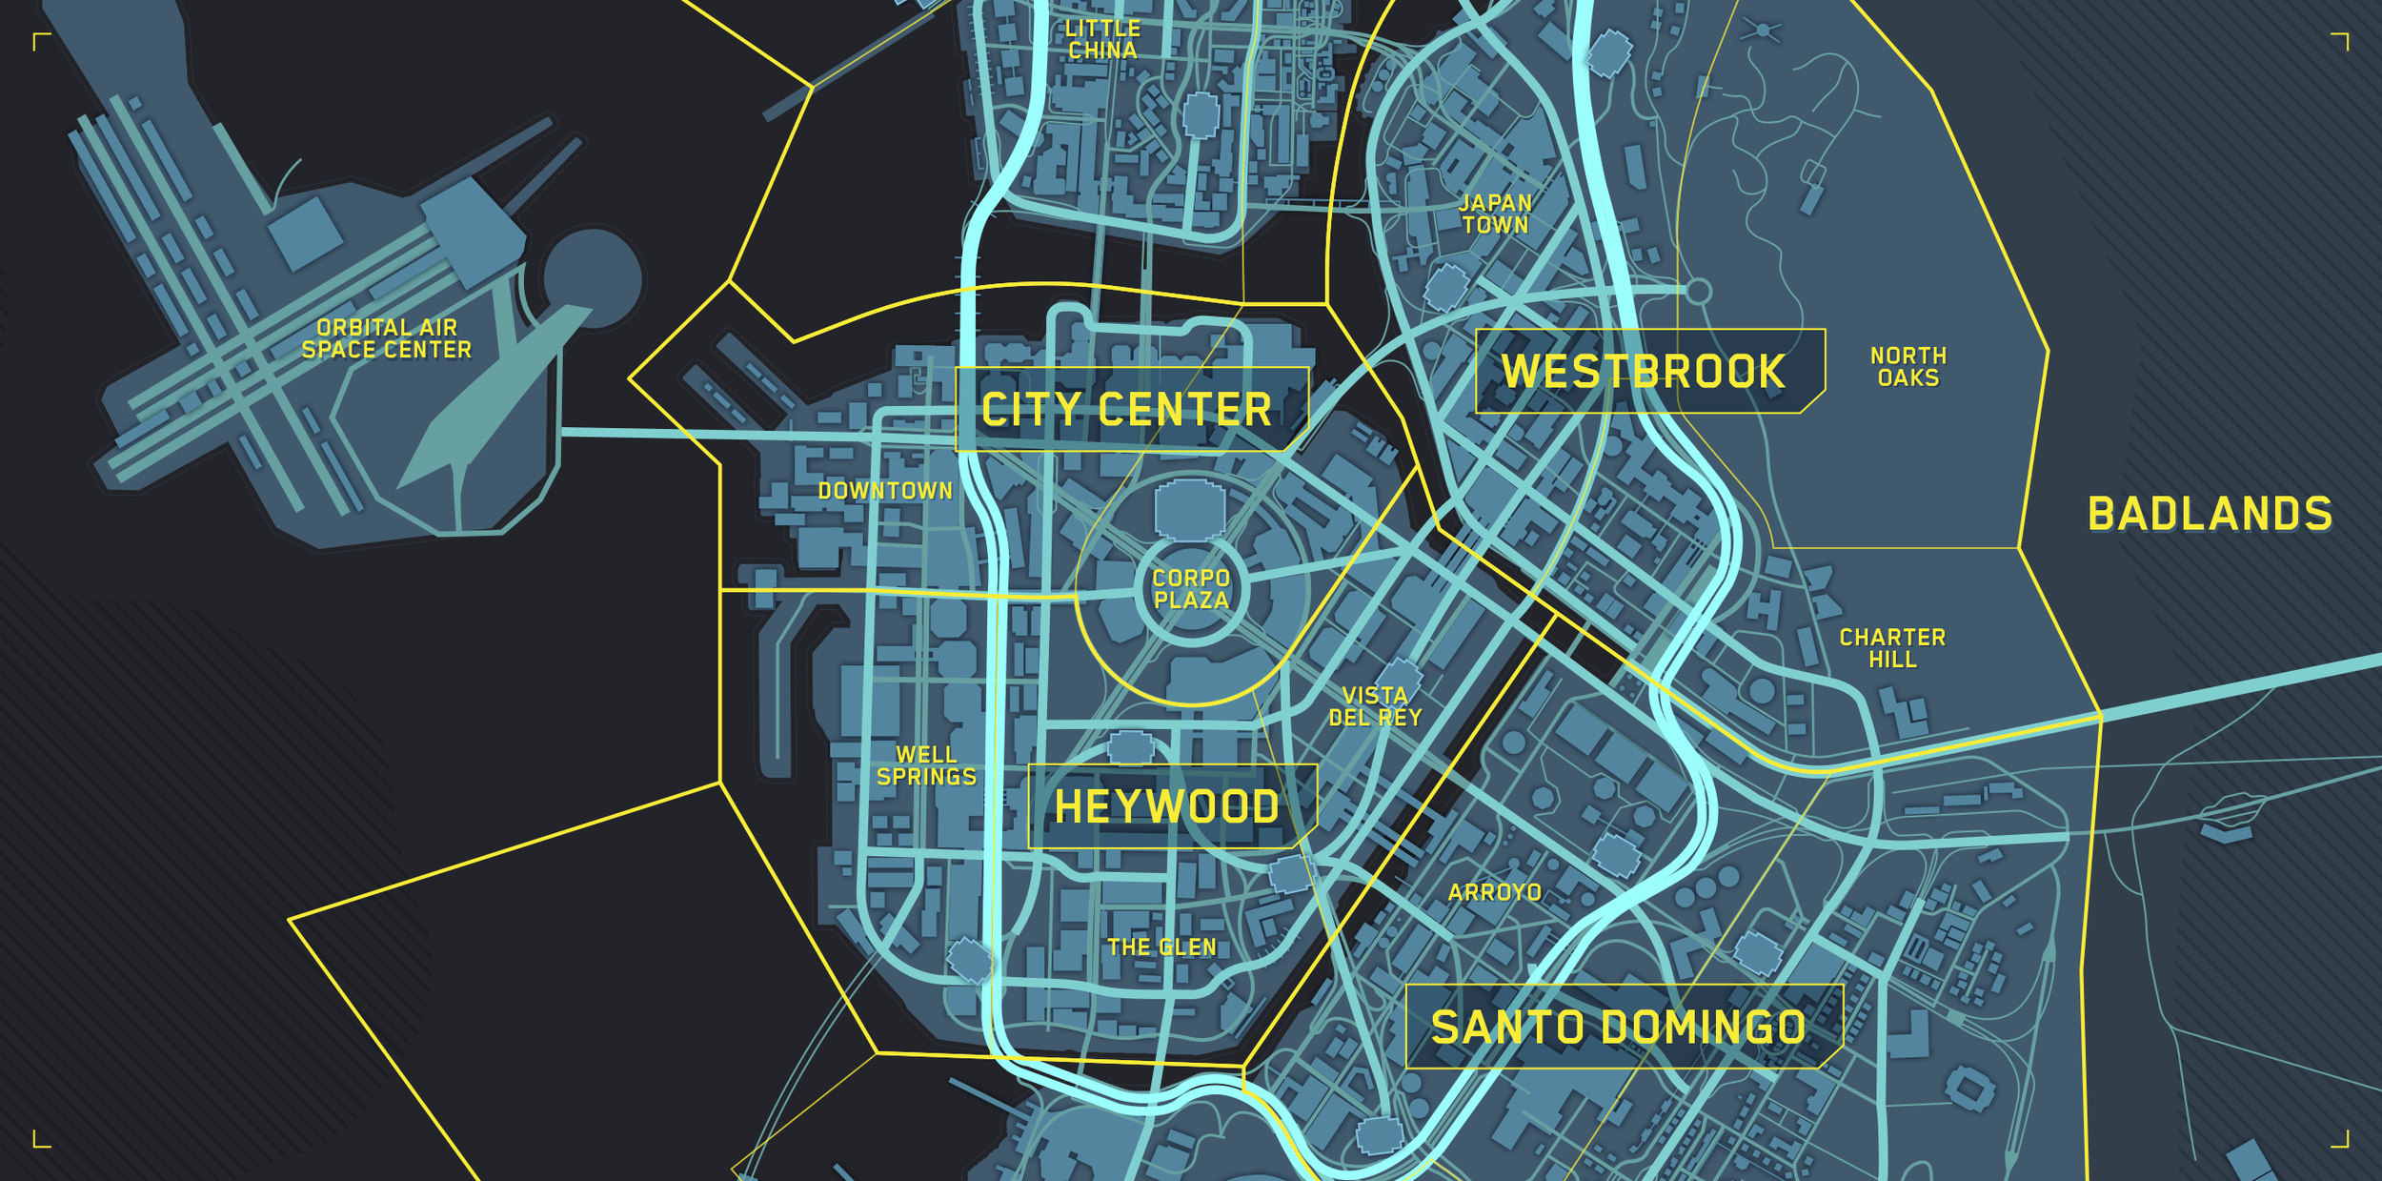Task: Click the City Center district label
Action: tap(1127, 410)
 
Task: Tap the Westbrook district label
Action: tap(1644, 372)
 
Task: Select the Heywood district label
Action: tap(1167, 807)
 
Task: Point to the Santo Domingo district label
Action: tap(1619, 1028)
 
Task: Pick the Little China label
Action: tap(1102, 40)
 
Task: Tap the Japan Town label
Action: tap(1496, 214)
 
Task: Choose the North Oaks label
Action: tap(1908, 367)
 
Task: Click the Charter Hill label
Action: tap(1892, 648)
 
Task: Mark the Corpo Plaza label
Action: tap(1191, 589)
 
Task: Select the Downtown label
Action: tap(885, 491)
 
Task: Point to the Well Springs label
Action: tap(926, 766)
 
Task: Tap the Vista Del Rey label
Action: tap(1375, 706)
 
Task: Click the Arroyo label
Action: tap(1494, 892)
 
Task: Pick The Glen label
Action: tap(1161, 947)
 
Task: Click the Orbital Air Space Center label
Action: tap(387, 338)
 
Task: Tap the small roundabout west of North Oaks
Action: tap(1697, 291)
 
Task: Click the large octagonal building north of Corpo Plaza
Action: tap(1189, 510)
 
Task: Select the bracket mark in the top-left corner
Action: tap(40, 41)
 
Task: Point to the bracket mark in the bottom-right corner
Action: tap(2341, 1139)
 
